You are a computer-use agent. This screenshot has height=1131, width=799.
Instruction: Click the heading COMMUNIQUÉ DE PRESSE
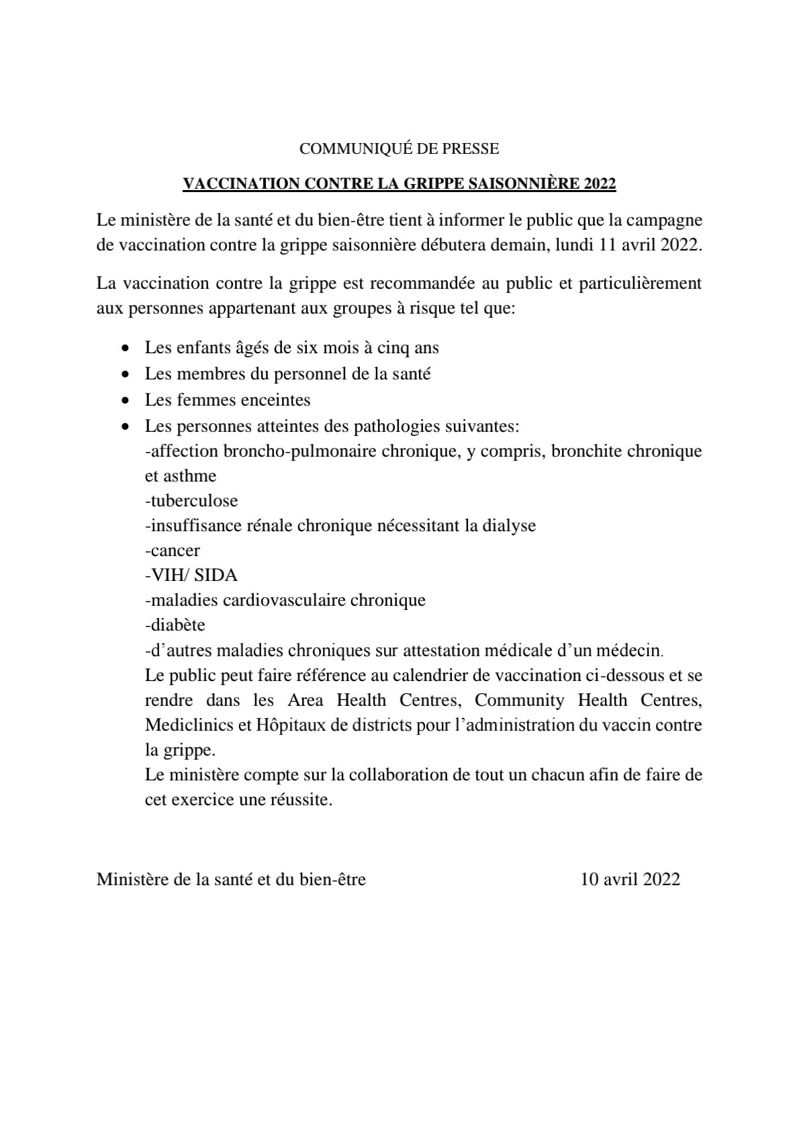click(x=399, y=148)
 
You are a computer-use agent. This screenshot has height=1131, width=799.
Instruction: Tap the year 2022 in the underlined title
click(x=599, y=184)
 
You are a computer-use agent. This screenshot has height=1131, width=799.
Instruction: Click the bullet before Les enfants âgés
click(x=125, y=349)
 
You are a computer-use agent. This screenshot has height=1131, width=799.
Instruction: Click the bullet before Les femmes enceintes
click(x=125, y=401)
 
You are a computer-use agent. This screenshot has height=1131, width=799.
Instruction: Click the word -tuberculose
click(x=191, y=501)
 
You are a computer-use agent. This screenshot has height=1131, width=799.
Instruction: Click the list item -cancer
click(x=173, y=551)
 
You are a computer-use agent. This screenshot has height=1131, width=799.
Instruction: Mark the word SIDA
click(x=216, y=576)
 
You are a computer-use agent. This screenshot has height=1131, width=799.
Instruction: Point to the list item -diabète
click(x=175, y=625)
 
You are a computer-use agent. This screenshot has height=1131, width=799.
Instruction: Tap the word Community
click(x=520, y=700)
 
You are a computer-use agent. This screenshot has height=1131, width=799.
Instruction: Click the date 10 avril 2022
click(x=630, y=879)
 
